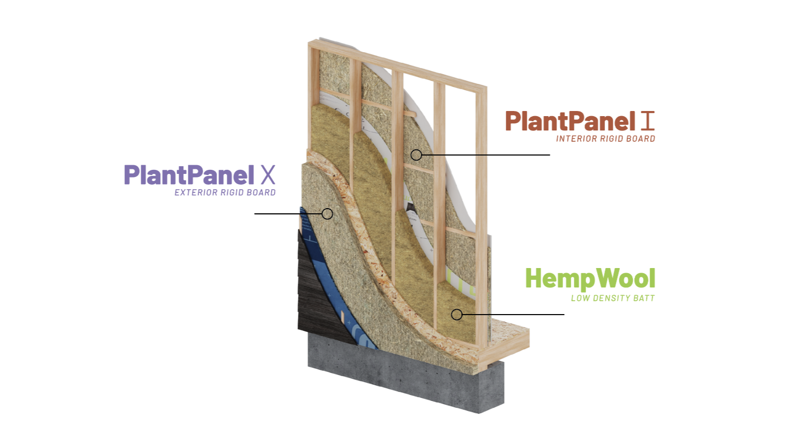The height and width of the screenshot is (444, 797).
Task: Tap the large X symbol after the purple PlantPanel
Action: coord(268,175)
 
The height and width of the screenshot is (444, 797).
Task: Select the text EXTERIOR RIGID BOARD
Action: coord(225,193)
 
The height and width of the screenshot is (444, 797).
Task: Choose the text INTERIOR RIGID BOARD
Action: coord(606,139)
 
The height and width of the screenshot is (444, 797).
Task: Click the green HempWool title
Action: coord(590,279)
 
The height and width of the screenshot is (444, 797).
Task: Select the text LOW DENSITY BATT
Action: coord(613,298)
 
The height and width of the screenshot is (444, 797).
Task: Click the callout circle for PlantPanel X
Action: coord(327,214)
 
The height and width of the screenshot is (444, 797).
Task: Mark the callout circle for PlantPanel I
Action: coord(416,154)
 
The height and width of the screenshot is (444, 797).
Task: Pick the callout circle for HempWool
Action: coord(457,315)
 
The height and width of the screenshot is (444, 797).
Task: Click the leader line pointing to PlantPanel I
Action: coord(486,154)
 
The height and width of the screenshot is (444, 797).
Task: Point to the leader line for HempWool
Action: coord(512,315)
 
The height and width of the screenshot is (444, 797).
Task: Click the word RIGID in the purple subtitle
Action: coord(232,193)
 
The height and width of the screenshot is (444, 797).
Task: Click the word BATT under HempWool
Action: coord(643,298)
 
